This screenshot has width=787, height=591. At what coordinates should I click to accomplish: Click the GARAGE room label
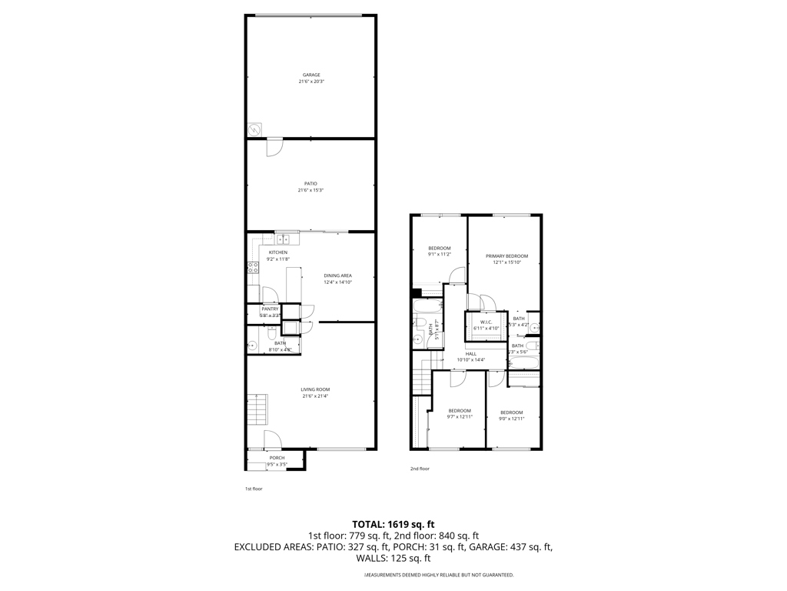pos(310,75)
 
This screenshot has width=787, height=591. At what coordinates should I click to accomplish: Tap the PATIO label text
pos(310,183)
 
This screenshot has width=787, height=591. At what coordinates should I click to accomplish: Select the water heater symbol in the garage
pos(254,129)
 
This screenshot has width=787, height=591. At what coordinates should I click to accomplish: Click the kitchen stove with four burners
pos(252,268)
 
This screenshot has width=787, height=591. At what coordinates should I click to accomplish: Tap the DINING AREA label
pos(337,275)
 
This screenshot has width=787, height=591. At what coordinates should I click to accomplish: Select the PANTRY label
pos(270,309)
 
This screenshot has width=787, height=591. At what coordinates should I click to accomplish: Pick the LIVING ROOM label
pos(315,389)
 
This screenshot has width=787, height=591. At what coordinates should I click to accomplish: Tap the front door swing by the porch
pos(274,439)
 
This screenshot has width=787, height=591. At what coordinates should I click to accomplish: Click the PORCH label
pos(276,458)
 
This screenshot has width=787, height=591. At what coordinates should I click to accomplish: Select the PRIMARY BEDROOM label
pos(506,255)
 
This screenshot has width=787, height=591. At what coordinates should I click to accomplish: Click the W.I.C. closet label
pos(485,322)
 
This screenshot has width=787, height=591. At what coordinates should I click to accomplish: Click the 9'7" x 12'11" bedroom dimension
pos(460,417)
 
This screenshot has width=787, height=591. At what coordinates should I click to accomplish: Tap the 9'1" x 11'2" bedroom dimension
pos(439,254)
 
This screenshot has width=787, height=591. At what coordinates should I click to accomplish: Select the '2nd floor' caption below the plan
pos(420,468)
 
